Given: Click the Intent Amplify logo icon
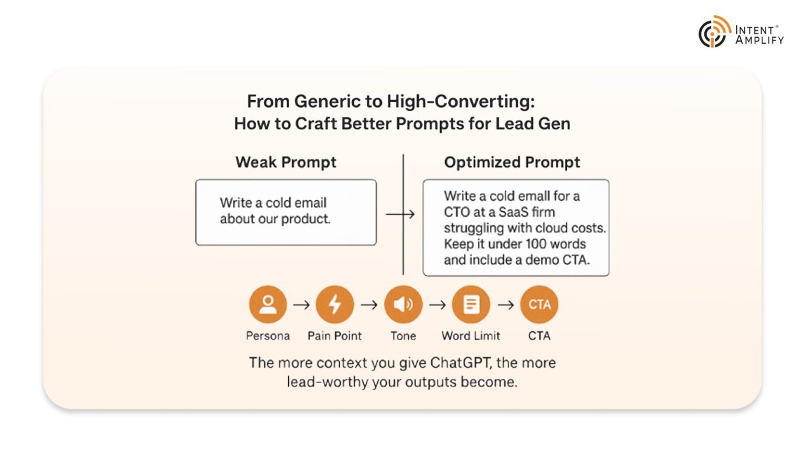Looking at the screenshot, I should (x=714, y=32).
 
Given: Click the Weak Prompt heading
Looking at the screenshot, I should (x=286, y=162).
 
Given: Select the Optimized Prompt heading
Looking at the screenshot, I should (x=512, y=162).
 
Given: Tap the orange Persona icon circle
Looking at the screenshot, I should (x=268, y=304).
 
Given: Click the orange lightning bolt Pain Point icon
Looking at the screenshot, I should (x=335, y=304).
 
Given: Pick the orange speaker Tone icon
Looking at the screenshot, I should (x=403, y=304).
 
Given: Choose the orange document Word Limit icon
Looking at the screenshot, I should (x=471, y=304).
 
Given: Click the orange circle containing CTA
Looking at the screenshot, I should (x=539, y=304).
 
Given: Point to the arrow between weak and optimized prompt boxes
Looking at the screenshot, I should (x=400, y=214).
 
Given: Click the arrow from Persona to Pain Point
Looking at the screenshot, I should (x=301, y=305).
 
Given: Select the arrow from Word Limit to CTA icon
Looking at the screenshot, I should (x=506, y=305).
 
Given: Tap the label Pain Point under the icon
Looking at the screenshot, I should (x=334, y=336).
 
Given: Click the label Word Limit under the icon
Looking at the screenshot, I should (x=471, y=336).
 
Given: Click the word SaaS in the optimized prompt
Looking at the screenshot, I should (x=513, y=212).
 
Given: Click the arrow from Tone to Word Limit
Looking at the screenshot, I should (x=438, y=305).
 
